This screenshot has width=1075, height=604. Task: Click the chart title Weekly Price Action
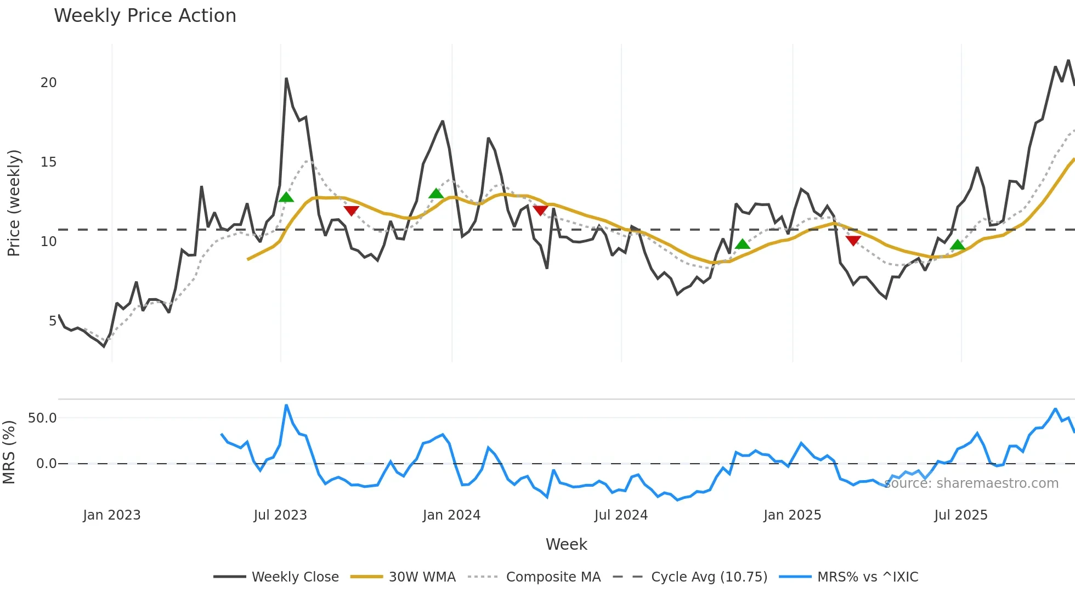[145, 16]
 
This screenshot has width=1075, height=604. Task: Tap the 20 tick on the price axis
[48, 83]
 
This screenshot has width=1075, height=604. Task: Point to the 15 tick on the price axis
[48, 162]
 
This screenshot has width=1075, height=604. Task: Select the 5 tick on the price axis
[53, 321]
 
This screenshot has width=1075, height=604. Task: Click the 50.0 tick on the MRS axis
[42, 418]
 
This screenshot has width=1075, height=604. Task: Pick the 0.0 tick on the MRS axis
[46, 464]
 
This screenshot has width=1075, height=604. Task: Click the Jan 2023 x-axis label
[112, 515]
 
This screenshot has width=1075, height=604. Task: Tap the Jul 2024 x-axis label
[621, 515]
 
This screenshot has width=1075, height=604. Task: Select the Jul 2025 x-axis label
[961, 515]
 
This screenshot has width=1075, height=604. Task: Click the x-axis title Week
[566, 544]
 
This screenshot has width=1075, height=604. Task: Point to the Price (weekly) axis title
[14, 203]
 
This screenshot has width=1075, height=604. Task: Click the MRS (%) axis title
[9, 452]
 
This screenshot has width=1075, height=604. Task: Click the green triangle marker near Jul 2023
[286, 197]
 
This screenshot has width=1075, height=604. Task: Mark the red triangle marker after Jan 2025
[853, 241]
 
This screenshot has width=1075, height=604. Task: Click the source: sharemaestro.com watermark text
[971, 483]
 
